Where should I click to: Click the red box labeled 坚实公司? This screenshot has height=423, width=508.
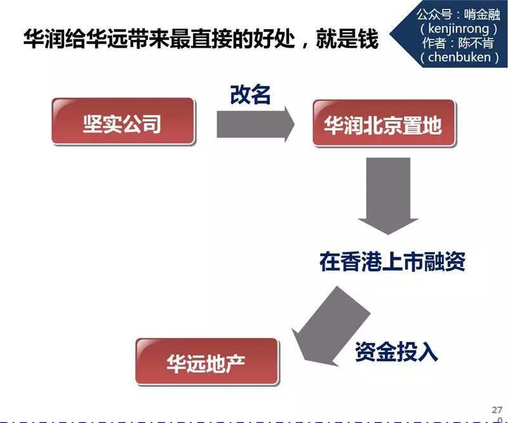coord(123,121)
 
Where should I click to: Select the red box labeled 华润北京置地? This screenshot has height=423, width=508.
coord(384,123)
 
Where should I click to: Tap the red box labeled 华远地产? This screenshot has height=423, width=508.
coord(207,362)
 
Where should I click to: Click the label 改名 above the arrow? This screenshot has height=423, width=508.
coord(250,95)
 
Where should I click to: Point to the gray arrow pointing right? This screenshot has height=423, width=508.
coord(256,124)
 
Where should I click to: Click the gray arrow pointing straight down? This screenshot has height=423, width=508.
coord(388,196)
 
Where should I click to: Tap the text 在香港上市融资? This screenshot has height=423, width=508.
coord(392,261)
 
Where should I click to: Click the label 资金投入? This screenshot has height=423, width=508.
coord(396,352)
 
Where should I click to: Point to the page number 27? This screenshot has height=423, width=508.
coord(497,410)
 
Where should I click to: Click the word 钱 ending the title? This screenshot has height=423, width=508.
coord(368,39)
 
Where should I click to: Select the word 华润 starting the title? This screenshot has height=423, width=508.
coord(44,39)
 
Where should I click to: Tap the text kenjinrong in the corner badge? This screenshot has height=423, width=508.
coord(458,29)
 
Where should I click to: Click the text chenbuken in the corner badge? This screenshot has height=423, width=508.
coord(459,57)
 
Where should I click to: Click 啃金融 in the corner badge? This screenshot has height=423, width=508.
coord(482,14)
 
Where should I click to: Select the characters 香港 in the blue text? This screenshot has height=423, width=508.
coord(361,261)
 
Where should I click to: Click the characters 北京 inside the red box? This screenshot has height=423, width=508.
coord(383,125)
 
